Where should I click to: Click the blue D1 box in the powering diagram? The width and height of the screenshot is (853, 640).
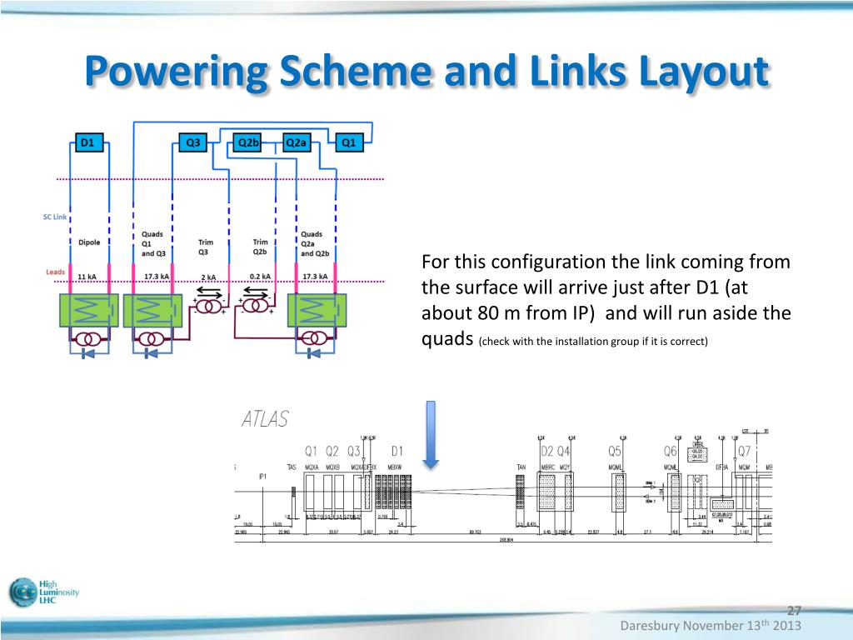point(87,142)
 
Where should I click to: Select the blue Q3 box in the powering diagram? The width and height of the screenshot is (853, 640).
point(192,142)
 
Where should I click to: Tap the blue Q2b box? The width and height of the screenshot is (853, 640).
point(248,142)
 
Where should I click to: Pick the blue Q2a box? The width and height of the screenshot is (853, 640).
point(297,142)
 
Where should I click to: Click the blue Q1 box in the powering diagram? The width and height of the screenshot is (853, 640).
point(349,142)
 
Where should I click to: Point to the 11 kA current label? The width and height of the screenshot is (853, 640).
point(87,276)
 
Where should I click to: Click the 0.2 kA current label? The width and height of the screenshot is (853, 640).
point(261,276)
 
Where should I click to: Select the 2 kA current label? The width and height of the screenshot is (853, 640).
point(208,276)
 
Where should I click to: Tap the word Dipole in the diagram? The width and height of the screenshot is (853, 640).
point(88,242)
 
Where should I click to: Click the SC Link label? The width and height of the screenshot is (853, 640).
point(54,217)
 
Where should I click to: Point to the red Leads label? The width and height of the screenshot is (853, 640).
point(54,272)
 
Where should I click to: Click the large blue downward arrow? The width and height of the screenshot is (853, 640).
point(431,433)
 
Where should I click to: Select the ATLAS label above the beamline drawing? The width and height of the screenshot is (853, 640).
point(265,419)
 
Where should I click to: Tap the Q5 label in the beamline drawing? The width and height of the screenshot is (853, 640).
point(615,451)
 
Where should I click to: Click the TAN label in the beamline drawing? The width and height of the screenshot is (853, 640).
point(522,467)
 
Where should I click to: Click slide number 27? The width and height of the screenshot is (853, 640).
point(794,610)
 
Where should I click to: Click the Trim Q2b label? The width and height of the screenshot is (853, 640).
point(260,247)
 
